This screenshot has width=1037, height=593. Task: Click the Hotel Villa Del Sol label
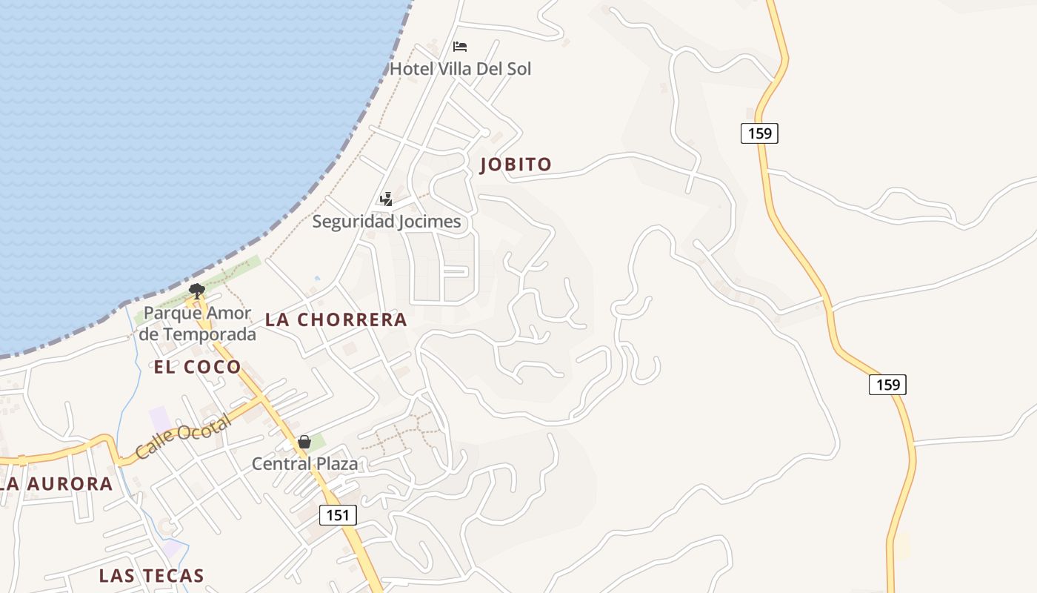[460, 69]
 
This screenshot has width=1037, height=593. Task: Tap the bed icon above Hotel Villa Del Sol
[460, 47]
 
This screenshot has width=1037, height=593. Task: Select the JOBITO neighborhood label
[516, 165]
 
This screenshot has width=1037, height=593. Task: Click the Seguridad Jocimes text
[386, 222]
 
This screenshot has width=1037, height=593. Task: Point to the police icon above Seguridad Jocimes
[386, 199]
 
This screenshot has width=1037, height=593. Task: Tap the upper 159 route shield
[759, 133]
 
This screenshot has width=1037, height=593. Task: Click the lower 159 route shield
[887, 384]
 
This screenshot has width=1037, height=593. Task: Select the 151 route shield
[338, 514]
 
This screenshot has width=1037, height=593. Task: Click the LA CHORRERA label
[336, 319]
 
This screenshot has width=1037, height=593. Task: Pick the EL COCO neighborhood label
[197, 366]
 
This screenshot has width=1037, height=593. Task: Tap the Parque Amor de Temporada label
[197, 323]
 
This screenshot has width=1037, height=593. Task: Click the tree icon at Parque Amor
[196, 291]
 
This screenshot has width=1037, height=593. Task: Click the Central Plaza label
[304, 464]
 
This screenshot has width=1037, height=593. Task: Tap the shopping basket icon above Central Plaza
[304, 442]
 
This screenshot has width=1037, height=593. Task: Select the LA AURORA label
[56, 484]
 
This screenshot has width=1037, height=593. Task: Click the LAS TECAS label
[151, 575]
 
